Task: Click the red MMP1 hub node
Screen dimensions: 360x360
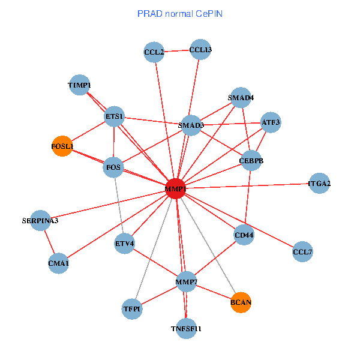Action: [x=176, y=188]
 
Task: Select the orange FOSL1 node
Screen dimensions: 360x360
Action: [x=62, y=146]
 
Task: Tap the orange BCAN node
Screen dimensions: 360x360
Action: [x=241, y=302]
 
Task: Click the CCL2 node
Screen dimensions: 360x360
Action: [x=154, y=52]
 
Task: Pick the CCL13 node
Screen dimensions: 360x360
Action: [x=200, y=49]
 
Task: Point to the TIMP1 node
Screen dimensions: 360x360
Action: [x=79, y=85]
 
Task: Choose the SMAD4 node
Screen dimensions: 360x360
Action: [x=241, y=98]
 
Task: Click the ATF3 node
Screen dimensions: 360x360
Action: [x=271, y=122]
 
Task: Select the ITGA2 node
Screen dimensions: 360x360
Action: [x=319, y=183]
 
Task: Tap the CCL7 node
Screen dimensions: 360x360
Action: [x=302, y=251]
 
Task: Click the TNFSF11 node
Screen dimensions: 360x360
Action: [x=186, y=329]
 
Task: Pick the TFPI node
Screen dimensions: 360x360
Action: [x=132, y=309]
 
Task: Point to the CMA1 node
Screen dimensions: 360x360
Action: [x=58, y=263]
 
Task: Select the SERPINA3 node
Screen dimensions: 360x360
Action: [x=40, y=220]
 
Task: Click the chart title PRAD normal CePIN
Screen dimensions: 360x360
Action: [x=180, y=14]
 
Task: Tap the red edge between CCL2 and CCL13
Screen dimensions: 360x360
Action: [x=177, y=51]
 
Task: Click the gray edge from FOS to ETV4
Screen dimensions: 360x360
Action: [x=119, y=205]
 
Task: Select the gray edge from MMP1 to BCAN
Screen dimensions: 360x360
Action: [x=208, y=245]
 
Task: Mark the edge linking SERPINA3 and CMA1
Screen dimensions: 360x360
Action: [x=49, y=242]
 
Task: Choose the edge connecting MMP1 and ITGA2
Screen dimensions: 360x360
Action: [x=247, y=186]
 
